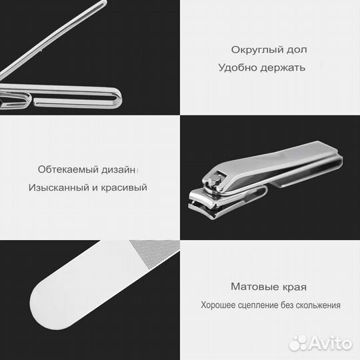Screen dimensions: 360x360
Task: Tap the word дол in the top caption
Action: [297, 50]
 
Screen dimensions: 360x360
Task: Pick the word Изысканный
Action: [59, 187]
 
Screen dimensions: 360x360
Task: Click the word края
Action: [294, 287]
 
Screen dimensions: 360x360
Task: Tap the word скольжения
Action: [317, 305]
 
